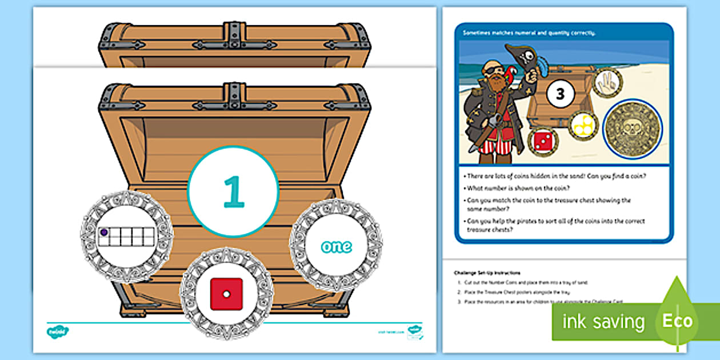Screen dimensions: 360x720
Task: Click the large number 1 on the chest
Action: (233, 191)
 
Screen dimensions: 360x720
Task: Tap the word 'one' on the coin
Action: (336, 247)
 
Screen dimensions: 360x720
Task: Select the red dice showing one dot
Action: (226, 294)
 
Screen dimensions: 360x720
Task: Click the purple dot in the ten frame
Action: (104, 233)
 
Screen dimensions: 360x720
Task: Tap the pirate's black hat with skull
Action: (528, 58)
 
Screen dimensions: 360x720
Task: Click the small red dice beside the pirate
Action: (543, 141)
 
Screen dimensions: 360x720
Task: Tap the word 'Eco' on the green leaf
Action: (678, 320)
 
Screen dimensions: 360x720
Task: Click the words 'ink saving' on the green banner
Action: (603, 322)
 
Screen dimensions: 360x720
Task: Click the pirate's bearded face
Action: (496, 76)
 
